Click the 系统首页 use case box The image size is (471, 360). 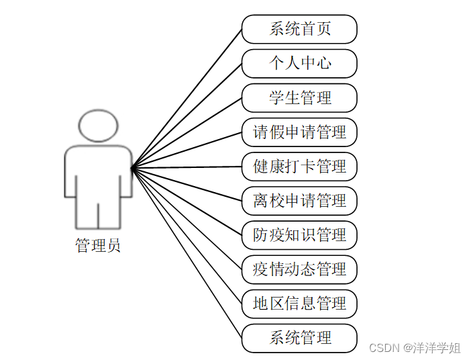[299, 30]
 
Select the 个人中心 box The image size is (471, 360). [299, 64]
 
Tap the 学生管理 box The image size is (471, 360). [299, 98]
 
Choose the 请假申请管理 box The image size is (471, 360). [299, 132]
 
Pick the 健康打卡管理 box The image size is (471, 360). [299, 167]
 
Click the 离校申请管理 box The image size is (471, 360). [299, 201]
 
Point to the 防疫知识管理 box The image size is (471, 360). [299, 235]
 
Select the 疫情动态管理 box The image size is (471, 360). [299, 269]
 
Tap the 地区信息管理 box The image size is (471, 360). [299, 304]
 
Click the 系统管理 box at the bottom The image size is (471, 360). [299, 338]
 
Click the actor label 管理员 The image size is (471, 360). [98, 246]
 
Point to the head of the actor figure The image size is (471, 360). [98, 126]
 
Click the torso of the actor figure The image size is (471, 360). [98, 175]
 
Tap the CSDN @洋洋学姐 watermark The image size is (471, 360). [415, 347]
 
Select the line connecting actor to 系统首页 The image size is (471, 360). [187, 99]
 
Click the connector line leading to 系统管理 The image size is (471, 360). [187, 252]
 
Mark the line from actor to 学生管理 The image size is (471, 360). [187, 132]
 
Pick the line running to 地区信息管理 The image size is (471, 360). [187, 235]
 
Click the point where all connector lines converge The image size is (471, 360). [132, 167]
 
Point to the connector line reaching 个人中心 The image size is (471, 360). [187, 116]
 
